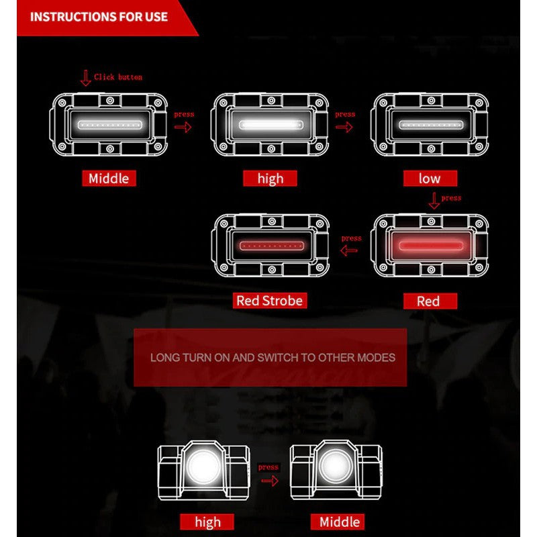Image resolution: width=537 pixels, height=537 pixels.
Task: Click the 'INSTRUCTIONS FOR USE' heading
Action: [x=99, y=17]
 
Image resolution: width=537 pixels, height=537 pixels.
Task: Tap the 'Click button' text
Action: [x=118, y=77]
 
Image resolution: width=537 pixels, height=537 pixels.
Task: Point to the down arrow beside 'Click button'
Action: [x=85, y=78]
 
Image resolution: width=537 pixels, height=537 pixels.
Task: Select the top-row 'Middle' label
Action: [x=109, y=179]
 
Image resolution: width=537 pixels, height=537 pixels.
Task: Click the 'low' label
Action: [x=430, y=179]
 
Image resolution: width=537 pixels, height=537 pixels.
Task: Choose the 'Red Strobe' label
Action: [x=270, y=301]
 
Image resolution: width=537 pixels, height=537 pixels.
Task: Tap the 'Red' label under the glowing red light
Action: [x=430, y=301]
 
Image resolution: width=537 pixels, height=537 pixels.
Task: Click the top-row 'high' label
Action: [x=270, y=179]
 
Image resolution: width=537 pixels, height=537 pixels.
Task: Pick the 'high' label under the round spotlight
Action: [x=207, y=522]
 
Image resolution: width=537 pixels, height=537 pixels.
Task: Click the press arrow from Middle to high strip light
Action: [x=183, y=128]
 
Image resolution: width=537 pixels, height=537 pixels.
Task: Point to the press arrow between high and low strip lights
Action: [x=344, y=128]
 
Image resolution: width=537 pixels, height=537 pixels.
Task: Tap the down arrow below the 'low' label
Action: [x=434, y=201]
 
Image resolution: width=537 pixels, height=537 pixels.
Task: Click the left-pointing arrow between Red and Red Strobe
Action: [x=349, y=250]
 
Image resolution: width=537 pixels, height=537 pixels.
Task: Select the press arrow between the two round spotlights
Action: [x=270, y=481]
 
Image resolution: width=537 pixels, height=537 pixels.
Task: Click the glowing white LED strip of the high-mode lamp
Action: [x=271, y=125]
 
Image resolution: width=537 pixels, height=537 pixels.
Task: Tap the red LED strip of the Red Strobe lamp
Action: [x=272, y=246]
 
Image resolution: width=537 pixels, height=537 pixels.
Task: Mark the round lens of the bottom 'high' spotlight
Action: [x=203, y=467]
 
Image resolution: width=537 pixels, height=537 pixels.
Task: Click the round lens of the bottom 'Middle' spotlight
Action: [x=336, y=466]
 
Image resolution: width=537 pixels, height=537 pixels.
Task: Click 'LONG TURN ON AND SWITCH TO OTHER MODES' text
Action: [x=273, y=358]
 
